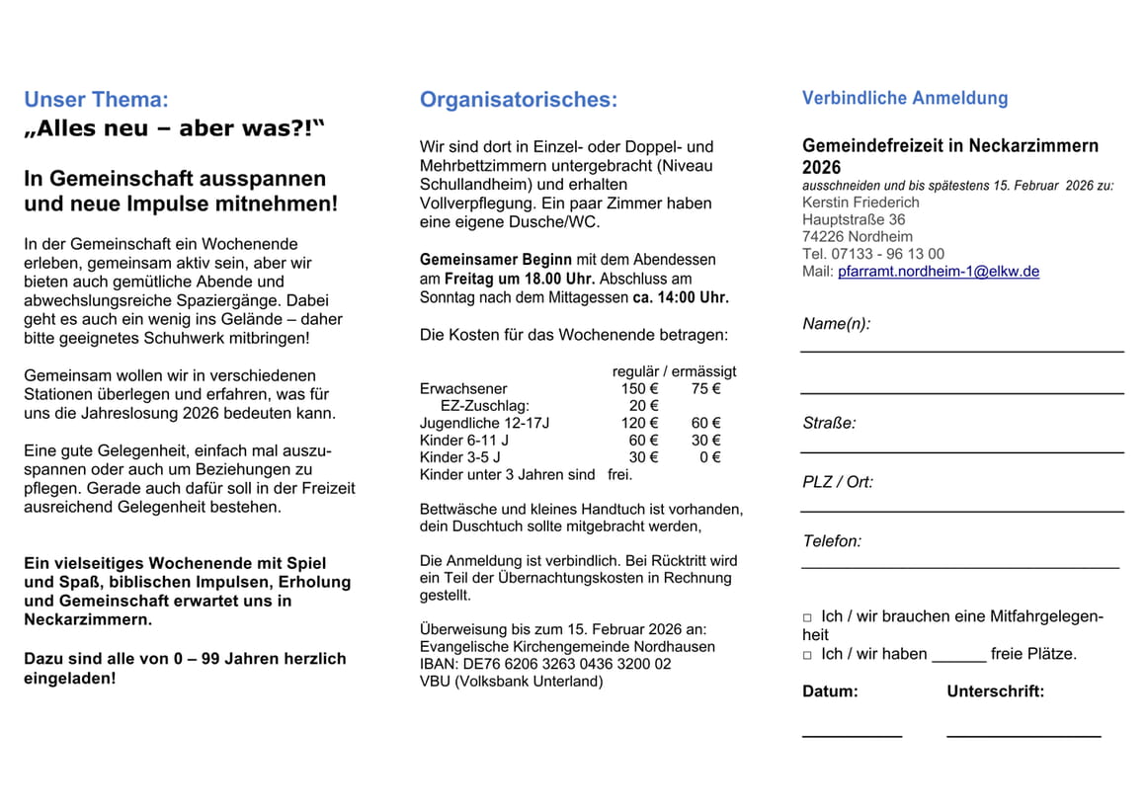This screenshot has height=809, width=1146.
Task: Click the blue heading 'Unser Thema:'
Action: click(x=96, y=100)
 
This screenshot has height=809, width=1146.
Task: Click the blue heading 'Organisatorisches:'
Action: click(x=518, y=100)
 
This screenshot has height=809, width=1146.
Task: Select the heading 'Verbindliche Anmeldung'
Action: click(x=905, y=98)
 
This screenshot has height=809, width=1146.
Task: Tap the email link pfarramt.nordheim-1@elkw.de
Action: click(x=938, y=271)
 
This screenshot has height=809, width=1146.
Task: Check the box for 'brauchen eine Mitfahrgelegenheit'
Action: click(x=807, y=617)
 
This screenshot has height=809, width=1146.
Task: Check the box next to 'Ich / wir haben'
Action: click(x=807, y=655)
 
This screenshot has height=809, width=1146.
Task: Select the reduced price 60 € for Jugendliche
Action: click(x=705, y=423)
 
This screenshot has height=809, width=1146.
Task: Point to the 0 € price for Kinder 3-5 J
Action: click(x=709, y=457)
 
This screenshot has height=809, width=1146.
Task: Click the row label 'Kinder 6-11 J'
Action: click(x=464, y=441)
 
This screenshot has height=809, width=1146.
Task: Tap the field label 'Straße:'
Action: click(x=829, y=423)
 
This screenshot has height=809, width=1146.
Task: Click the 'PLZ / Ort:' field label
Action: click(x=838, y=482)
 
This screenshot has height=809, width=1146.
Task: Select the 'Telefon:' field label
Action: click(x=832, y=541)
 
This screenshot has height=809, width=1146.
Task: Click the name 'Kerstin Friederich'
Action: click(x=861, y=202)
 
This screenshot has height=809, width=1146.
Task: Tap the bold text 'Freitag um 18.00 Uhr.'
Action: click(x=520, y=280)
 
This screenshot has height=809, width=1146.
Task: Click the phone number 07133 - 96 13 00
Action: click(x=888, y=254)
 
